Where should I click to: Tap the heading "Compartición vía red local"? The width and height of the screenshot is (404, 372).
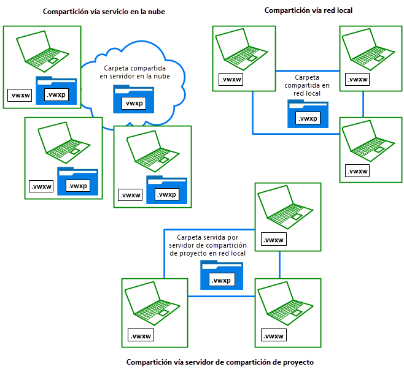[308, 10]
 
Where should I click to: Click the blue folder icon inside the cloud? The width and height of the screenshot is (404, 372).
[133, 99]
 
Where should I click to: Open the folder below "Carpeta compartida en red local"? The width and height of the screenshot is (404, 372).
[307, 114]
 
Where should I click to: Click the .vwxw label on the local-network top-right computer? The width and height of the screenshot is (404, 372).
[357, 79]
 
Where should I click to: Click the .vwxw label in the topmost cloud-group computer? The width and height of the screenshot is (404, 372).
[21, 95]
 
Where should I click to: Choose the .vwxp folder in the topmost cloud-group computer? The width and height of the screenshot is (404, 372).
[56, 91]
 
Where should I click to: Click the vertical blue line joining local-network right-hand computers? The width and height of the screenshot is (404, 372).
[363, 104]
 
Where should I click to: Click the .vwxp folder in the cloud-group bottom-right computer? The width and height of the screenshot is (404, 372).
[166, 191]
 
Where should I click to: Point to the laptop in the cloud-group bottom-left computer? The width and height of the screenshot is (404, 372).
[61, 143]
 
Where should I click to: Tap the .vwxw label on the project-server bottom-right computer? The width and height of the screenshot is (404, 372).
[273, 335]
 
